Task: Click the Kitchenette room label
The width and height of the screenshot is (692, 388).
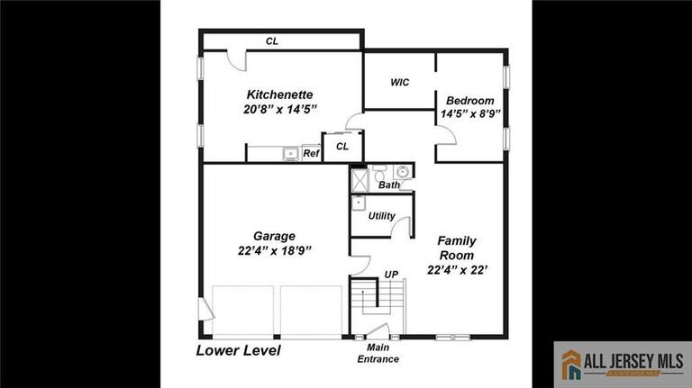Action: (x=279, y=94)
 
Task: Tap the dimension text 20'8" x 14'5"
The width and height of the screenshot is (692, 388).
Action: (x=280, y=109)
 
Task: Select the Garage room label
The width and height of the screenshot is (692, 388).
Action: (x=274, y=236)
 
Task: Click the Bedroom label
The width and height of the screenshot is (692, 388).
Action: (x=469, y=101)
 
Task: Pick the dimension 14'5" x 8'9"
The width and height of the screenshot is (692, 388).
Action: (x=470, y=115)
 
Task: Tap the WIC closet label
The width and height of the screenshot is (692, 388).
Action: (x=400, y=83)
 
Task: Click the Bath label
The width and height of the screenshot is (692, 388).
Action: (x=389, y=185)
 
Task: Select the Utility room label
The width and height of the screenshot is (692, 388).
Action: (x=381, y=216)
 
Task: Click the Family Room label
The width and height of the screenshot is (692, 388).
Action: (x=457, y=248)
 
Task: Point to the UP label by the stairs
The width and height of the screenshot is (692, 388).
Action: (x=391, y=274)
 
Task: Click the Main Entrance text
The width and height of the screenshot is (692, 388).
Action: (x=378, y=354)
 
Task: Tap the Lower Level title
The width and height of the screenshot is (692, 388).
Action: (x=239, y=350)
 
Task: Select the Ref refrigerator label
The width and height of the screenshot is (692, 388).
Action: (x=311, y=154)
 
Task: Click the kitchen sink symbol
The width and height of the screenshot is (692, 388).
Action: (x=290, y=154)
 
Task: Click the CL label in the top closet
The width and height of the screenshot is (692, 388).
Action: (x=271, y=41)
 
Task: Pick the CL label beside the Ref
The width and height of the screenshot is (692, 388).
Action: (x=342, y=146)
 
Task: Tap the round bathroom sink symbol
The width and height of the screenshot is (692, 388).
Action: (x=402, y=171)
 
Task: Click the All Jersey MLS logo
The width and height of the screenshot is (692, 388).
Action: (x=622, y=364)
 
